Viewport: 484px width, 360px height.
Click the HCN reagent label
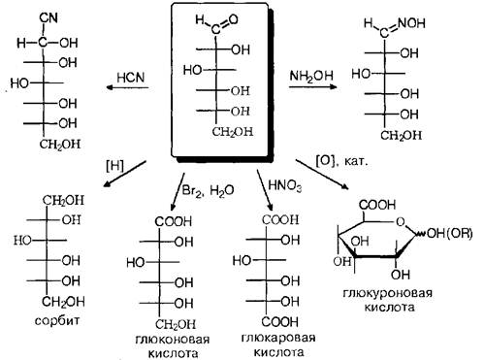[131, 78]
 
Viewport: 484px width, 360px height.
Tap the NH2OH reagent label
[311, 76]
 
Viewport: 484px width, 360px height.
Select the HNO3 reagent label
[285, 186]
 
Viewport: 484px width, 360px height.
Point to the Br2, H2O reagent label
[209, 190]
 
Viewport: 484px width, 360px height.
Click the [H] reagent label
[114, 166]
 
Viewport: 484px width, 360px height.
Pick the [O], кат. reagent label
[341, 161]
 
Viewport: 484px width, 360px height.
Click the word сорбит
[57, 320]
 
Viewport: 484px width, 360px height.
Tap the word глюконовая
[173, 340]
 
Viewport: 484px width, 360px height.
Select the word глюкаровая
[278, 338]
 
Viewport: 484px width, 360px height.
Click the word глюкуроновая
[387, 293]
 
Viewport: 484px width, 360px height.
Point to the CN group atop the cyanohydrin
[48, 17]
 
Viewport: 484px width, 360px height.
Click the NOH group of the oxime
[411, 23]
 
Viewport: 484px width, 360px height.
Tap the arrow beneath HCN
[127, 87]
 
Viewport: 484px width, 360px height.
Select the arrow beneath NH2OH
[313, 86]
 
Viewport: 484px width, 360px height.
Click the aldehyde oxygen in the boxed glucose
[233, 19]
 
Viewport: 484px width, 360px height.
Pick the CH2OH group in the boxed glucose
[233, 132]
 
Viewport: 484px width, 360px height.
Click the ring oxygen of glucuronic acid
[400, 222]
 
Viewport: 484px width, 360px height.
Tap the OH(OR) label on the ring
[449, 234]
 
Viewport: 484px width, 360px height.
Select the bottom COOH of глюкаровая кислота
[280, 321]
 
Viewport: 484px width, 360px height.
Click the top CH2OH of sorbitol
[63, 201]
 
